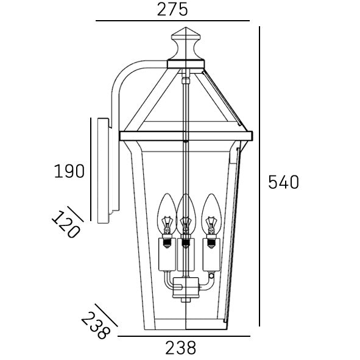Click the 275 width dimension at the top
tap(172, 9)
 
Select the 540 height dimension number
tap(284, 182)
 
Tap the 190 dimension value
tap(68, 172)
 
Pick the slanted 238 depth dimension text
tap(96, 323)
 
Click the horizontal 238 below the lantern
tap(181, 348)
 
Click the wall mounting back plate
tap(103, 171)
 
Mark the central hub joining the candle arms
tap(185, 286)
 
